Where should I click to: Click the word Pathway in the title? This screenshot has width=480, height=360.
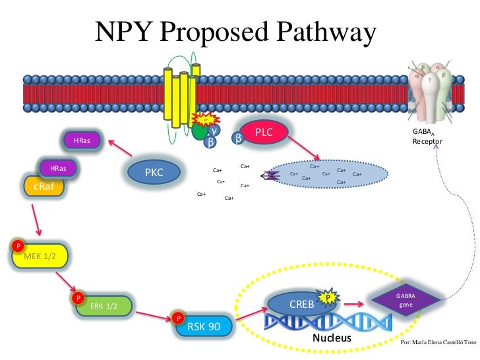click(322, 32)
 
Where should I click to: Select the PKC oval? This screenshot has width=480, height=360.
click(154, 172)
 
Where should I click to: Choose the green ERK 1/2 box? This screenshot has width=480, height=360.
click(104, 306)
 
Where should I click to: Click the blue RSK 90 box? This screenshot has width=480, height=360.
click(204, 326)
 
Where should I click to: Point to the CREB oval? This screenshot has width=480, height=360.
click(302, 305)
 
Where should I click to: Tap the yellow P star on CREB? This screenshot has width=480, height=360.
click(328, 297)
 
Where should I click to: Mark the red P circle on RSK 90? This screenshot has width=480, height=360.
click(178, 318)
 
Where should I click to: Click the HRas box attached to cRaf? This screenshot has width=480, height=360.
click(58, 168)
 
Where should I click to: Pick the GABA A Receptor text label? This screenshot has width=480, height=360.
click(422, 136)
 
